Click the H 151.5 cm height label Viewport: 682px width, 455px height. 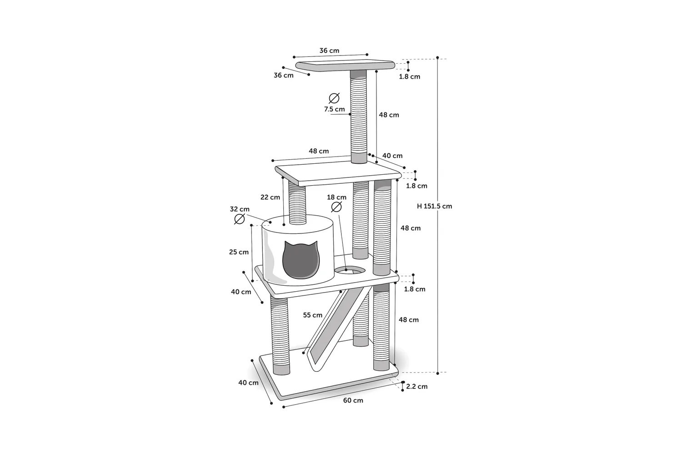[x=435, y=206]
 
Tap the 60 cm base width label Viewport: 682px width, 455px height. [x=353, y=400]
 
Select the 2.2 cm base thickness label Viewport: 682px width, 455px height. [x=417, y=386]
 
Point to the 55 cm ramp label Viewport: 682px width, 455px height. [x=313, y=315]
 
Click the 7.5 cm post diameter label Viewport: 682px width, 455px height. [x=335, y=109]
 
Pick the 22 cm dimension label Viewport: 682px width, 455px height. [x=271, y=197]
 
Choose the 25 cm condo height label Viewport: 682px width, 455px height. [x=239, y=252]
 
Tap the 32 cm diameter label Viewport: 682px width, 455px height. [x=240, y=209]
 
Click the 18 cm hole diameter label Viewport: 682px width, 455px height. [x=337, y=197]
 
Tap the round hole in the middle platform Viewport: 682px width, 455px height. [x=350, y=270]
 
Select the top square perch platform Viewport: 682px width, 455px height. [x=345, y=66]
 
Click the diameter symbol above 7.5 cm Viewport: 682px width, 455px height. [x=334, y=98]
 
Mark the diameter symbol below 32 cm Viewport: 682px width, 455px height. [x=240, y=219]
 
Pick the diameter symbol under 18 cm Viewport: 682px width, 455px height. [x=336, y=207]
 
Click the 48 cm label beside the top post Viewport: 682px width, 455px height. [x=389, y=115]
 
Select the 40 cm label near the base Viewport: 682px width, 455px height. [x=248, y=383]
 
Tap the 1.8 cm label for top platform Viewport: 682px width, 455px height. [x=410, y=76]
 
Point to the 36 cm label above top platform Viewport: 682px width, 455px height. [x=329, y=51]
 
